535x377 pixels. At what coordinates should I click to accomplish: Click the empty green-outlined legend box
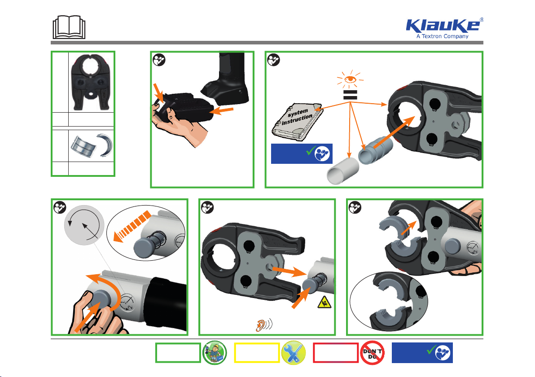pyautogui.click(x=178, y=353)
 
